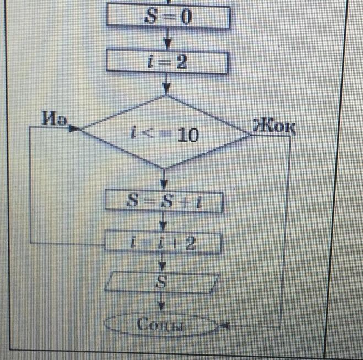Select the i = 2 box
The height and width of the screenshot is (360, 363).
coord(167,62)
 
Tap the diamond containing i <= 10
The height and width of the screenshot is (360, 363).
coord(165,132)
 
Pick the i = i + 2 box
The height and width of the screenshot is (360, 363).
coord(164,243)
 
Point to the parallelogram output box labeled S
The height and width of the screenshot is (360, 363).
coord(161,283)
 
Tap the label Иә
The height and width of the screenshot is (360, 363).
coord(53,119)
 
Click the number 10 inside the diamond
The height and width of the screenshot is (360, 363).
coord(188,135)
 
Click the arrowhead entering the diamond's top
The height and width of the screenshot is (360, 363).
coord(166,88)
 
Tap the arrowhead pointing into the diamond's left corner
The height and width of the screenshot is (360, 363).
coord(74,130)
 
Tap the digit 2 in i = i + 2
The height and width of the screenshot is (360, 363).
coord(190,243)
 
